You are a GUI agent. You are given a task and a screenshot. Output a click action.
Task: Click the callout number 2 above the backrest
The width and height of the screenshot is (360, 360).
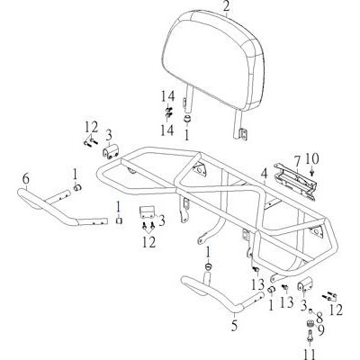pos(226,6)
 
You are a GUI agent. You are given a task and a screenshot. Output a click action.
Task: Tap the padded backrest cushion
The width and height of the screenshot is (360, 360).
pos(214,60)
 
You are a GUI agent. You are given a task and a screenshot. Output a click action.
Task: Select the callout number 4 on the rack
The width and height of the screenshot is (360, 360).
pos(264,174)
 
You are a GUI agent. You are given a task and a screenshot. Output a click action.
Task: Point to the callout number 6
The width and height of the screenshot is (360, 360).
pos(26,179)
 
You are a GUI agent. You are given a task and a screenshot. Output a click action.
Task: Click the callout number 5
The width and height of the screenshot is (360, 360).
pos(234,327)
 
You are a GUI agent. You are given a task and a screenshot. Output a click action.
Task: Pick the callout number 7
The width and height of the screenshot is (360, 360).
pos(297,162)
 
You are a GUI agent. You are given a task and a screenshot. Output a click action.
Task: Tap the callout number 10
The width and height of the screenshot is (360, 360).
pos(312,159)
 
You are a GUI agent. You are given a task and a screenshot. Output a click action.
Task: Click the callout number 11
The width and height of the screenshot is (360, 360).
pos(309,355)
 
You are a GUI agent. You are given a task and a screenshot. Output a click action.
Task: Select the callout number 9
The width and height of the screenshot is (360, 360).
pos(320,330)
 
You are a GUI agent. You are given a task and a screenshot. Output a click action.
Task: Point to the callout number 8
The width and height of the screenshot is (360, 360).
pos(319,318)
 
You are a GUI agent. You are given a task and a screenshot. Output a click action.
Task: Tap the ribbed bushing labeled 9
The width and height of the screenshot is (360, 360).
pos(311,324)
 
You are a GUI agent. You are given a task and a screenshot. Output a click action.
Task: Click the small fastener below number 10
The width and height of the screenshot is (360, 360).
pos(312,172)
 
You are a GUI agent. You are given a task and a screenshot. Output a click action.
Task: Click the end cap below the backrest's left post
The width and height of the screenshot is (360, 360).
pos(187,119)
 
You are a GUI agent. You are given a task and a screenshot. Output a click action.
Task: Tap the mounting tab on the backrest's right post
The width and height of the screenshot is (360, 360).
pos(243,134)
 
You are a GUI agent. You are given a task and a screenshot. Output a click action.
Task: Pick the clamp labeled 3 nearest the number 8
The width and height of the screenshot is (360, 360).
pos(305,287)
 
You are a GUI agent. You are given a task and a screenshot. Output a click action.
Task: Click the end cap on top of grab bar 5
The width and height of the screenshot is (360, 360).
pos(208,266)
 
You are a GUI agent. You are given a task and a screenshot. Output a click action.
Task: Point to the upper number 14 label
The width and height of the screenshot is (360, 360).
pos(167,96)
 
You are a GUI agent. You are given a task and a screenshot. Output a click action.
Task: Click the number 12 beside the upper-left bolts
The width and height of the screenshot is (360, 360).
pos(91,128)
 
